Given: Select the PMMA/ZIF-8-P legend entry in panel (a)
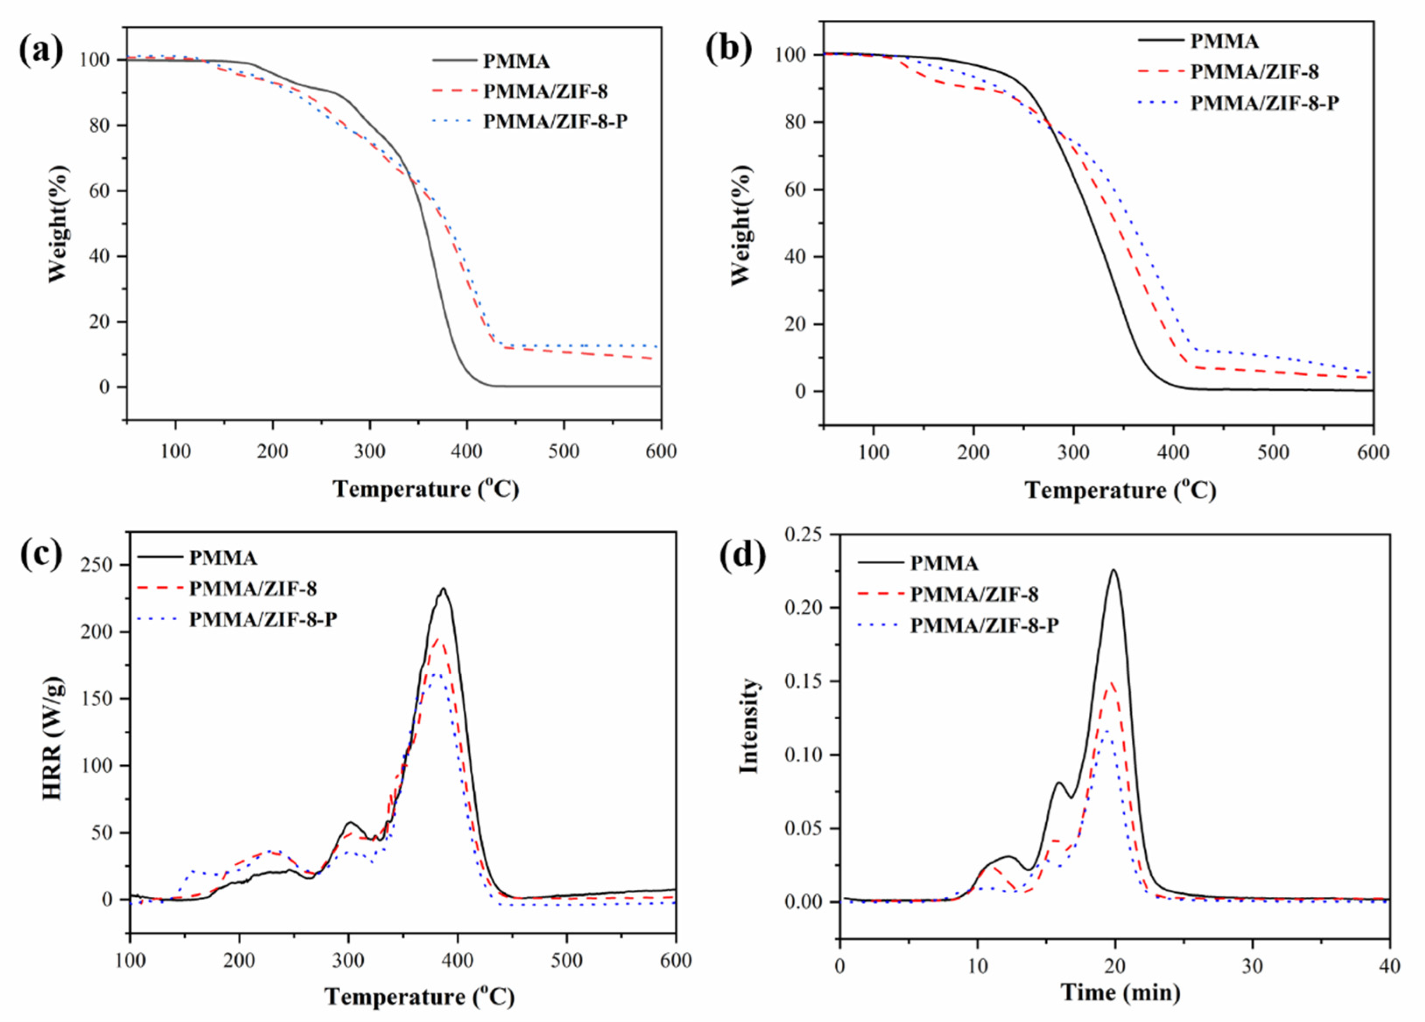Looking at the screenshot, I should click(554, 122).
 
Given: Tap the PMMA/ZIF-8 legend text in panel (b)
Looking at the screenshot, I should click(1254, 72).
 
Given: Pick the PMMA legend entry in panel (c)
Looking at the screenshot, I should click(223, 558).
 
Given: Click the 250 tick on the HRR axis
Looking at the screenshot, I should click(101, 565).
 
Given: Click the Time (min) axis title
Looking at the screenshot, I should click(1120, 993).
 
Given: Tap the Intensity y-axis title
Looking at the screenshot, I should click(749, 726).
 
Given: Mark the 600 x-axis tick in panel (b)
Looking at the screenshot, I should click(1373, 453).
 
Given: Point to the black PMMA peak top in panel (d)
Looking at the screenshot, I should click(1114, 570).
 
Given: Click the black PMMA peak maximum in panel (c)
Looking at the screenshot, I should click(443, 589).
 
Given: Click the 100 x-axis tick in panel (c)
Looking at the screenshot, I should click(130, 960).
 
